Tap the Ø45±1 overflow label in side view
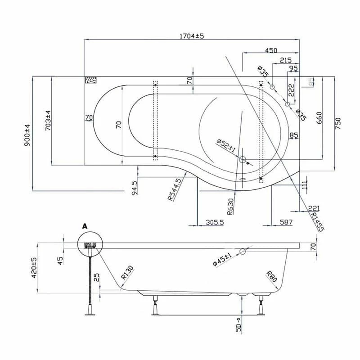(222, 260)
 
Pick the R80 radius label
(271, 275)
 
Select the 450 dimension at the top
(270, 50)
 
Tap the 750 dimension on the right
(338, 122)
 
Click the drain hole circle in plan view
(243, 159)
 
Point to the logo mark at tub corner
(91, 80)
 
